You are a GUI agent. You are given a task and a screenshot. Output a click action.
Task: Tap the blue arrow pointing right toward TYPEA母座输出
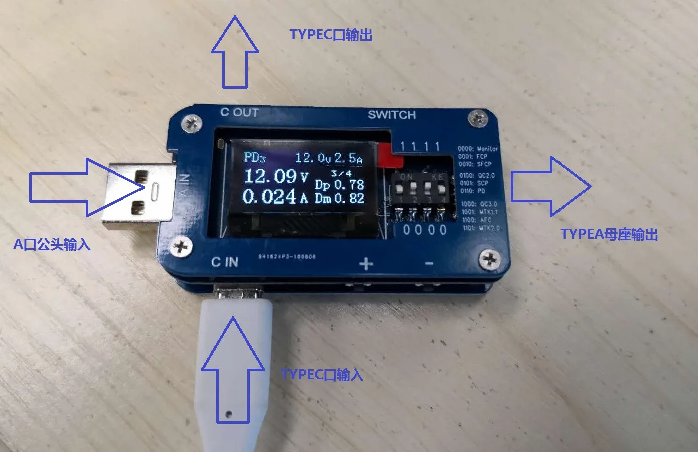[550, 186]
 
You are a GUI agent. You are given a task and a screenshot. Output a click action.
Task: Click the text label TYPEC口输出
[331, 35]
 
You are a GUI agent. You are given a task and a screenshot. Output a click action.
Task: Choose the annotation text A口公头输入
[51, 244]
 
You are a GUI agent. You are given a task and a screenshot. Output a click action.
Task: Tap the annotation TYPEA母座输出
[609, 234]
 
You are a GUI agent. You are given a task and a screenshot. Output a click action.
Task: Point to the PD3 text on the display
[254, 157]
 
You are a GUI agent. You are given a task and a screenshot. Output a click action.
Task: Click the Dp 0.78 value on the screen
[339, 185]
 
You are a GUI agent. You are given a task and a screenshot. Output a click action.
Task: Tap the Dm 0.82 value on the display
[339, 198]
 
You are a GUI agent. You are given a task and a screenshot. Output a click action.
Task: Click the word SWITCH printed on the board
[392, 115]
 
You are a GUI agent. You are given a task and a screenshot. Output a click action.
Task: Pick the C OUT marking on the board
[239, 112]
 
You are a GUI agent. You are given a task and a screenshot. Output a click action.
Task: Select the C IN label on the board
[224, 262]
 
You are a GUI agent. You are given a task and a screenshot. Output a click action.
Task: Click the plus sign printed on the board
[366, 264]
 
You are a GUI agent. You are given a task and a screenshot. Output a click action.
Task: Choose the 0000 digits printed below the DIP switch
[425, 230]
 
